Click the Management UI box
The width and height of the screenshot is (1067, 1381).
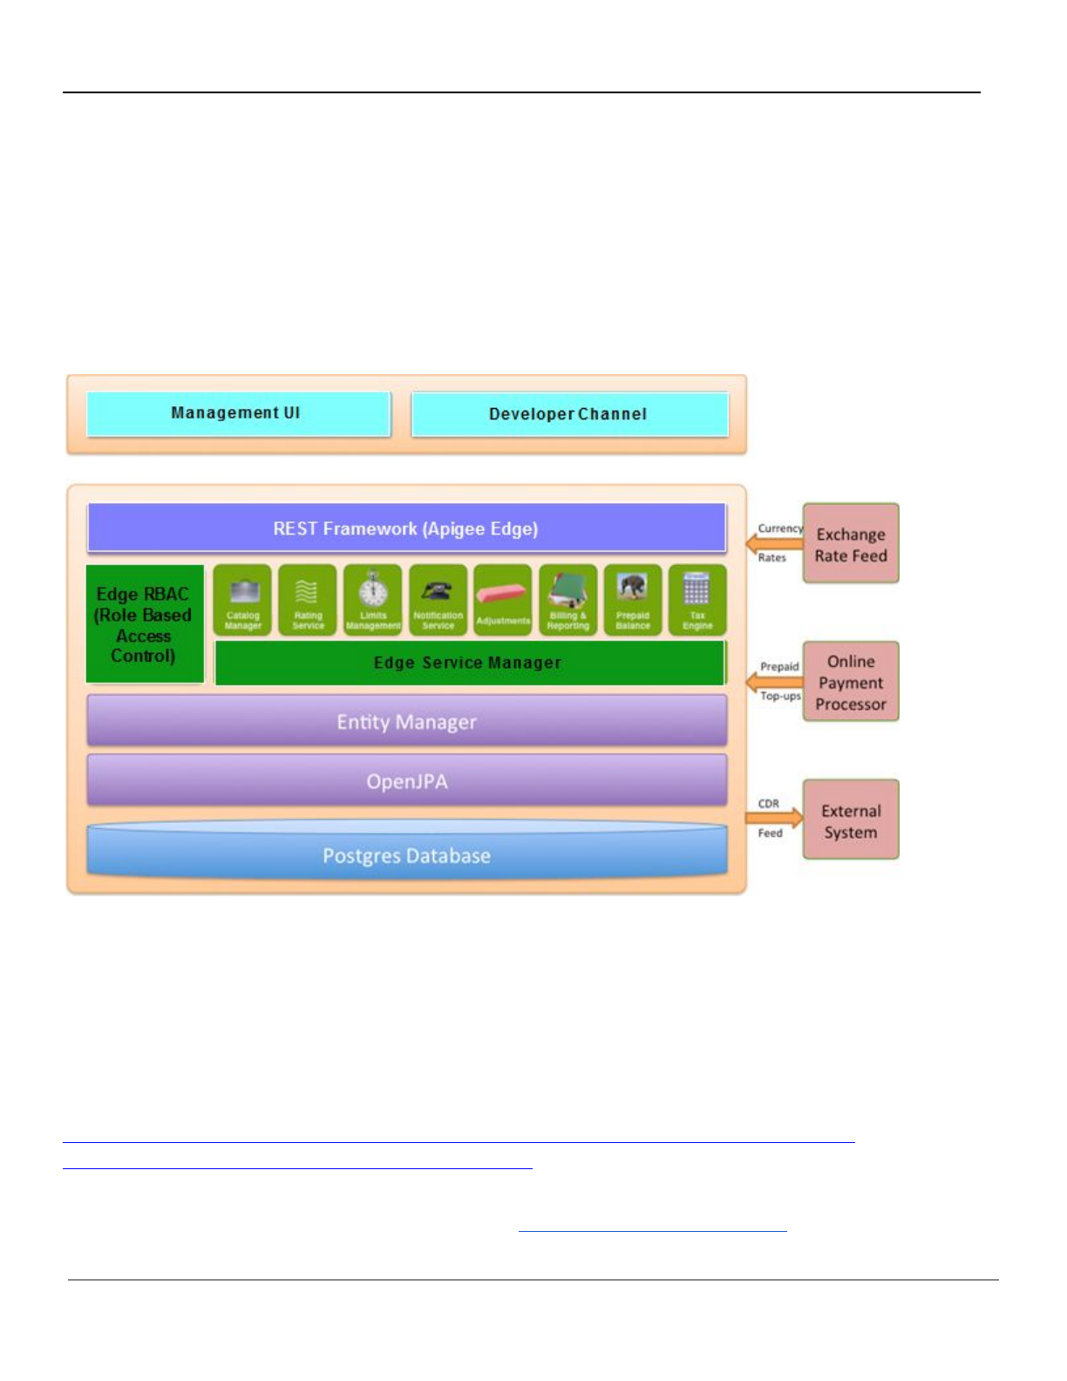pos(237,413)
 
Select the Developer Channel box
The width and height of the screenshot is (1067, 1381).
pos(569,414)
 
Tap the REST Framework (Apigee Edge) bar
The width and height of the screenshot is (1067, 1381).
pos(406,528)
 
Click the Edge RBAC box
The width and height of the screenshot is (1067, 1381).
pos(145,624)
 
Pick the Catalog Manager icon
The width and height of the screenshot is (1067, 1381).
pos(243,592)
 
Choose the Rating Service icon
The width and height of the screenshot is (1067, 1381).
pos(308,592)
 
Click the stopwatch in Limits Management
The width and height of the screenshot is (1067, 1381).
pos(373,589)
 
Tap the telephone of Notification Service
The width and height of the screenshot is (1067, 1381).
pos(438,591)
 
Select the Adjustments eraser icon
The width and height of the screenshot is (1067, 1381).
pos(503,595)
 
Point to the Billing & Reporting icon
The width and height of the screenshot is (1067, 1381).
pos(567,590)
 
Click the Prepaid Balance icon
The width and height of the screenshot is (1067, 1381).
pos(633,588)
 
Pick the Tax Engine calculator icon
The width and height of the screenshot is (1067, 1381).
pos(697,590)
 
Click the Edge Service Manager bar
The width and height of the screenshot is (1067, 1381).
pos(469,663)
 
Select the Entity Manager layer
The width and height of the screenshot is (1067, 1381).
pos(406,722)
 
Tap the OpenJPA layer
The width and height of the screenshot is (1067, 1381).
pos(406,781)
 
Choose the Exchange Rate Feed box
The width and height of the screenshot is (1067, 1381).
pos(851,544)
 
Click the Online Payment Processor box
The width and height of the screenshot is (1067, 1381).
pos(851,682)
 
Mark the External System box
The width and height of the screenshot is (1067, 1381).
pos(851,820)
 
